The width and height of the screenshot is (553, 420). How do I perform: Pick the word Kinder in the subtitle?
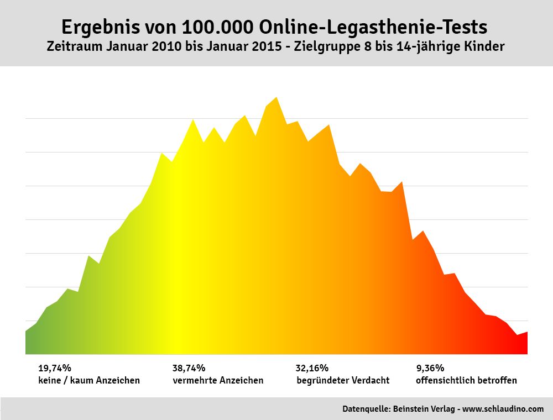click(x=486, y=47)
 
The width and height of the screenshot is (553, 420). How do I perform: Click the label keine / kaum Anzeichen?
click(x=89, y=380)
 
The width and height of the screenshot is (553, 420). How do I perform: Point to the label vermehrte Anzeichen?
click(x=218, y=380)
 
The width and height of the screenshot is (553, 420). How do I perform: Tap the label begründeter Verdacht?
click(x=343, y=380)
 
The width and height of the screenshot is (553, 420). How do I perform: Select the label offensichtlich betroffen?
click(x=466, y=380)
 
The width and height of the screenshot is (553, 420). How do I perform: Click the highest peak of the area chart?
click(x=276, y=98)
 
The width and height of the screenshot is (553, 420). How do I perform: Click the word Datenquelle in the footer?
click(x=365, y=409)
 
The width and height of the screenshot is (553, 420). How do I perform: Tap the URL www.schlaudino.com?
click(x=503, y=409)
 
